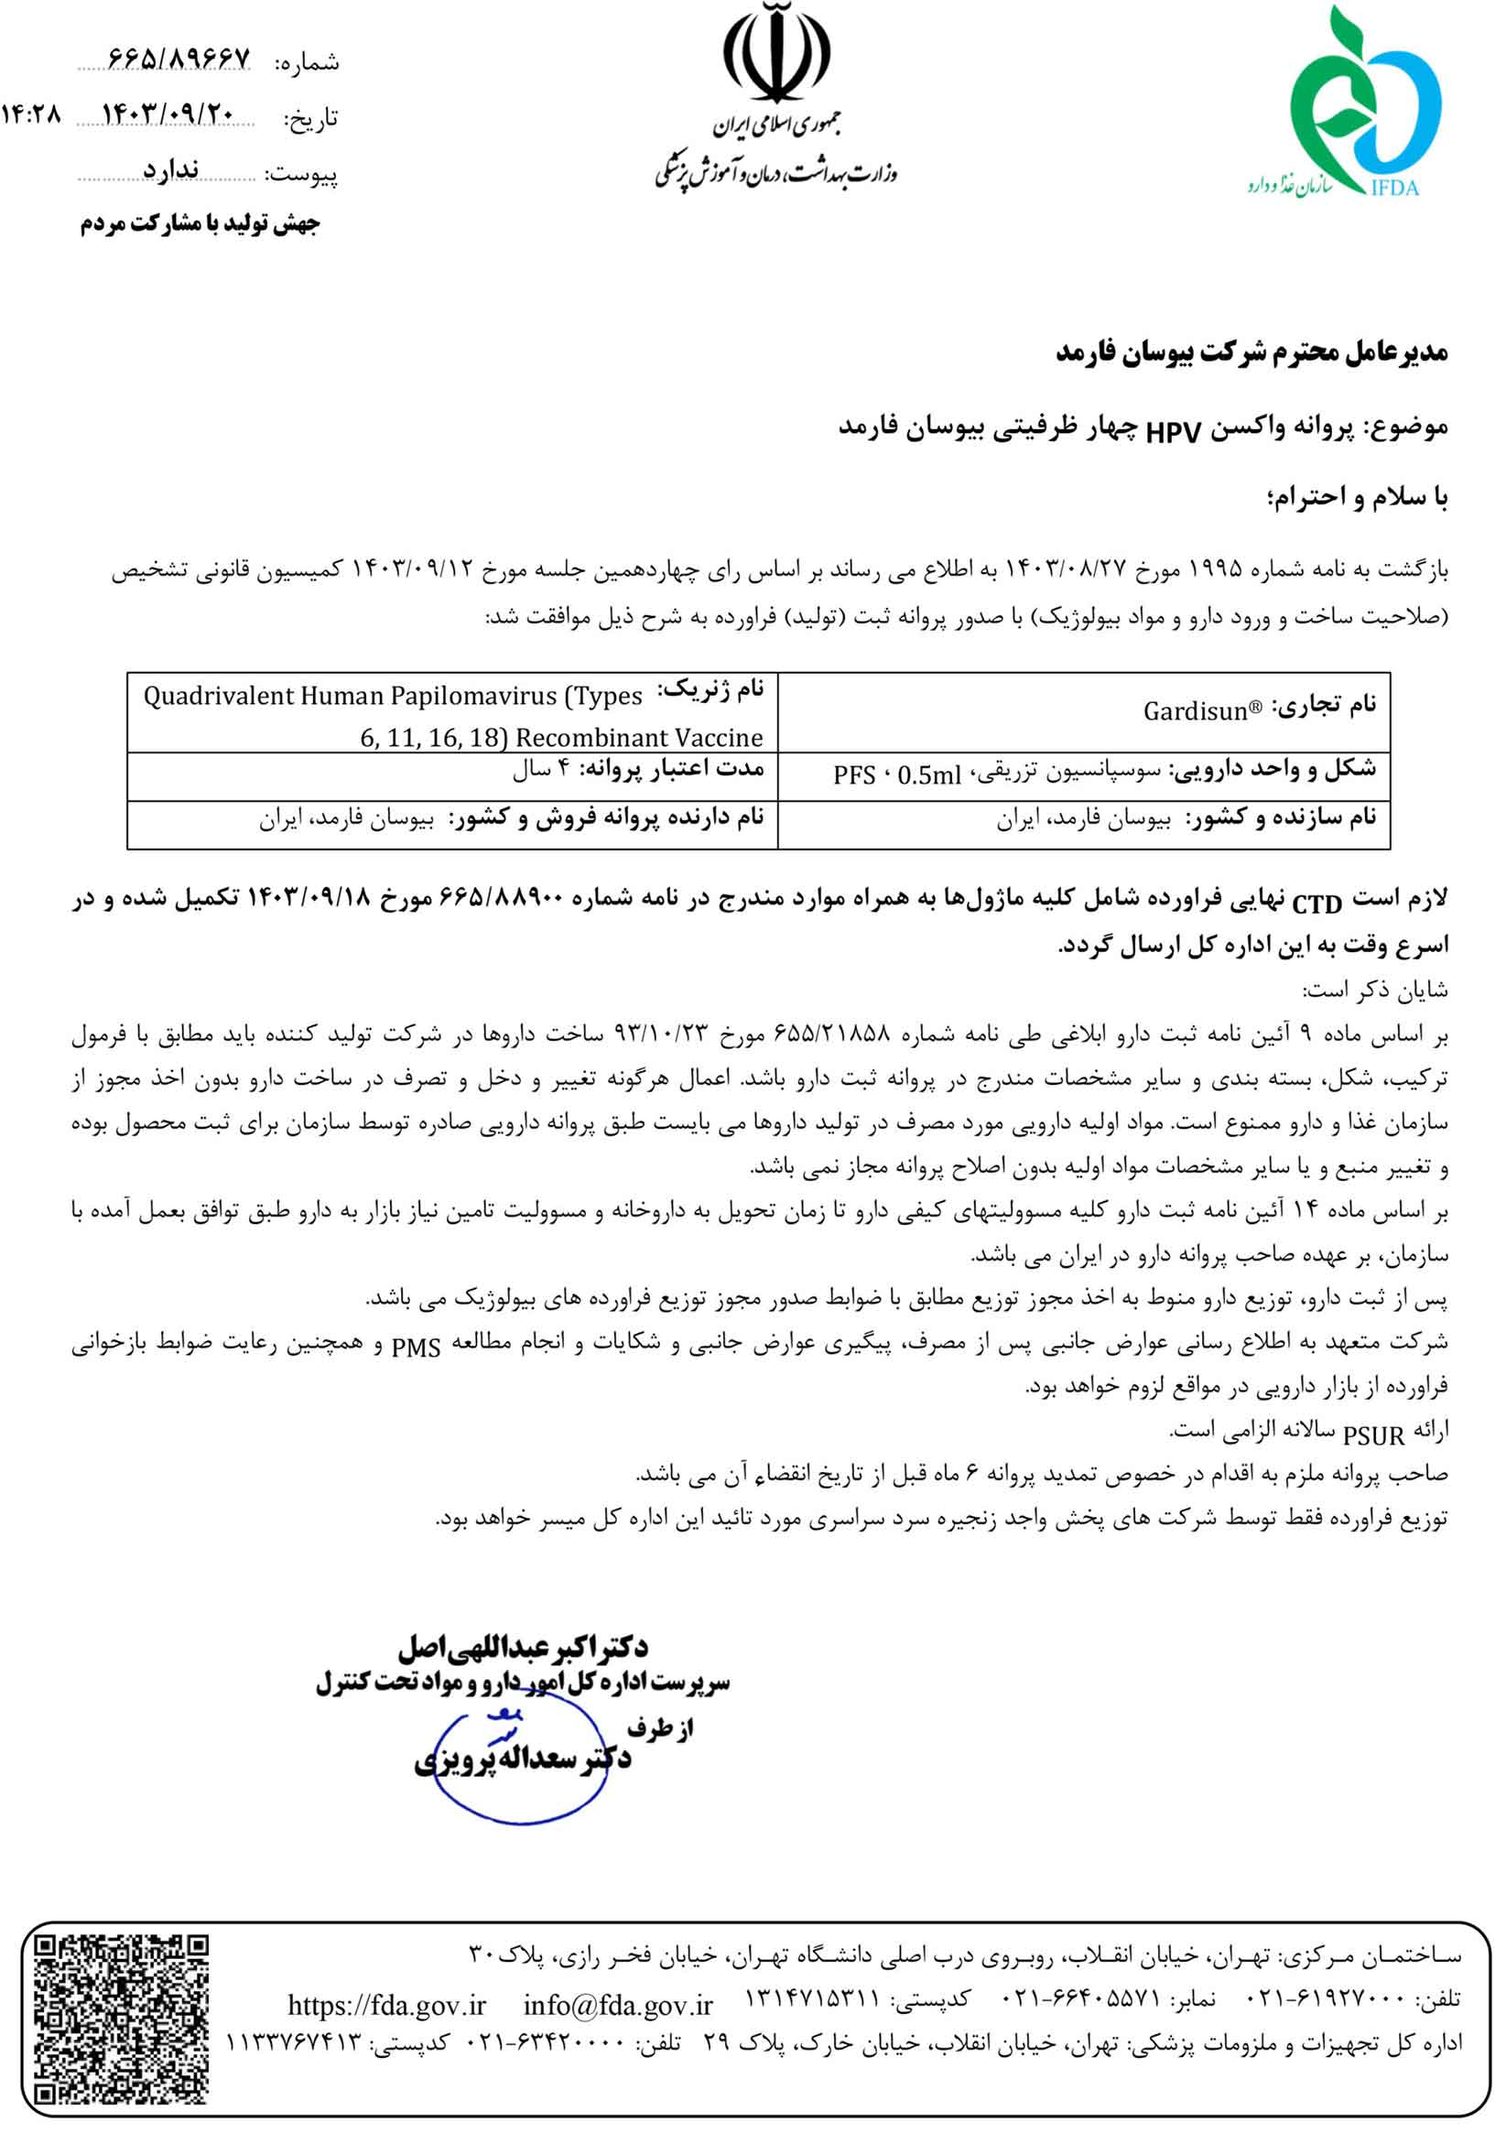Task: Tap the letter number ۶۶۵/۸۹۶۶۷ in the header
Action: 179,60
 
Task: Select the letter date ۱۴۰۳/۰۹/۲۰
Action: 168,114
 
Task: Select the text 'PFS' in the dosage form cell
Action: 854,774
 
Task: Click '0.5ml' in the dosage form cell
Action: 929,774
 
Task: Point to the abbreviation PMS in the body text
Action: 416,1347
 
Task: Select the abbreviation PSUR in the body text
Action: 1373,1436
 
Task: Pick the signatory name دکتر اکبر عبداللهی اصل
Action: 523,1648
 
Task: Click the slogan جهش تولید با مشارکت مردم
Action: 200,224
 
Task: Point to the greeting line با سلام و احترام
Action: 1358,499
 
